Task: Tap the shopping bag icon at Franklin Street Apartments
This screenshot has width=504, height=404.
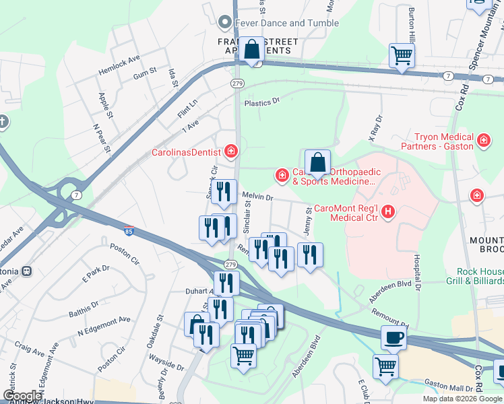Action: [252, 50]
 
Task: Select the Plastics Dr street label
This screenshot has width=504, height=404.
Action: [261, 102]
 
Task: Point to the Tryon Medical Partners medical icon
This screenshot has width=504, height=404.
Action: [483, 141]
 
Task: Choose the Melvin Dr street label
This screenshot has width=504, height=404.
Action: [257, 197]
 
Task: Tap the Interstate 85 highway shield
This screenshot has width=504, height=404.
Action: [129, 231]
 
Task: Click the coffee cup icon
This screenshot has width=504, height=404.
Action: [394, 337]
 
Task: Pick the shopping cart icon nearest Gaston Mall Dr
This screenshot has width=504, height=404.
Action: [386, 367]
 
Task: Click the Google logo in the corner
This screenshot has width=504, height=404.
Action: [22, 396]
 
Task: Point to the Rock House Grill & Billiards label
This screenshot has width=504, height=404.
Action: [474, 276]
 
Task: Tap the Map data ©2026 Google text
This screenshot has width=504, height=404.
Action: [462, 399]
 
